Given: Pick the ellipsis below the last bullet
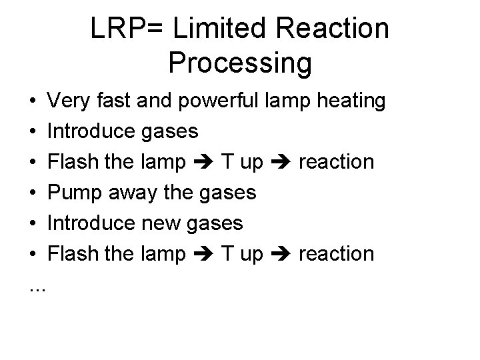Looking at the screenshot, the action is (x=38, y=287).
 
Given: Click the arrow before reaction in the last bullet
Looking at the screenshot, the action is (x=281, y=254).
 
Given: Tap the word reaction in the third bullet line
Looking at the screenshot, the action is (x=336, y=162).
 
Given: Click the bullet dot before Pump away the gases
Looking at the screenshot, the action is (x=33, y=193).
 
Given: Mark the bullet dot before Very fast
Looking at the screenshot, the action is (x=33, y=102).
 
